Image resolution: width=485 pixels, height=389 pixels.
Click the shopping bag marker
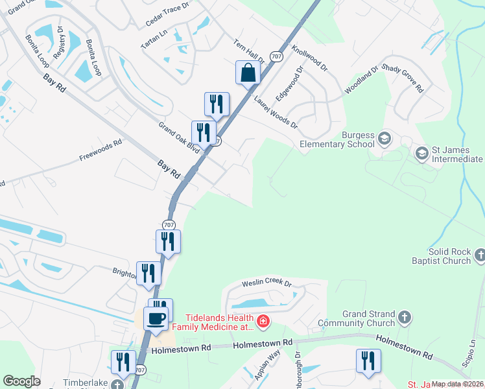[x=248, y=73]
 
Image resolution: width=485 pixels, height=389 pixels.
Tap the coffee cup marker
[x=156, y=319]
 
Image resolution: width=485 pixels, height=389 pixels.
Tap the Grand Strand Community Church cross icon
[x=405, y=318]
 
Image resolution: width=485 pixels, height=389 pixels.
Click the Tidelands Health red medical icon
[x=263, y=321]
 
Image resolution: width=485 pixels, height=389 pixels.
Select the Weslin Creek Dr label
[x=267, y=283]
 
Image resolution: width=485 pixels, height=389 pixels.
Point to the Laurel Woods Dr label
[x=276, y=112]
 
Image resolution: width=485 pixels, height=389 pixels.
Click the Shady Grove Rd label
[x=403, y=77]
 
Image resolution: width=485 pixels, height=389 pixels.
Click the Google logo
[x=21, y=381]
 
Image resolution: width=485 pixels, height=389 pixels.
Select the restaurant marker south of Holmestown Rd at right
[x=368, y=362]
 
